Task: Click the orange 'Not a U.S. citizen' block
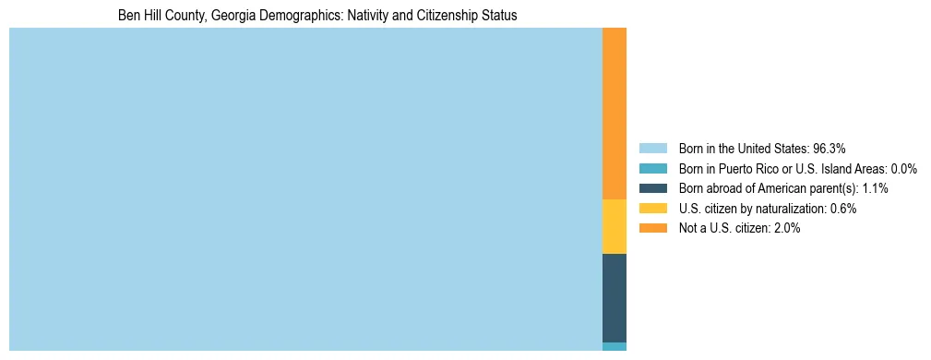click(x=614, y=114)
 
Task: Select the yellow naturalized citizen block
click(x=614, y=226)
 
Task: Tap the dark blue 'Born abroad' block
click(x=614, y=298)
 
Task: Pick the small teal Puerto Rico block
click(x=614, y=346)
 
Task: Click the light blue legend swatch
click(x=652, y=149)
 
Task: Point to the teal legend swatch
click(x=652, y=169)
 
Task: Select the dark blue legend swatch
click(x=652, y=188)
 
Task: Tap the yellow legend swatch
click(x=652, y=209)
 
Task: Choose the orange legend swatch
click(x=652, y=228)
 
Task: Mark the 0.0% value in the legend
click(x=904, y=169)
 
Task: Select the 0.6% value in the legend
click(x=844, y=209)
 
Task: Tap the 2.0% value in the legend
click(x=788, y=228)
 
